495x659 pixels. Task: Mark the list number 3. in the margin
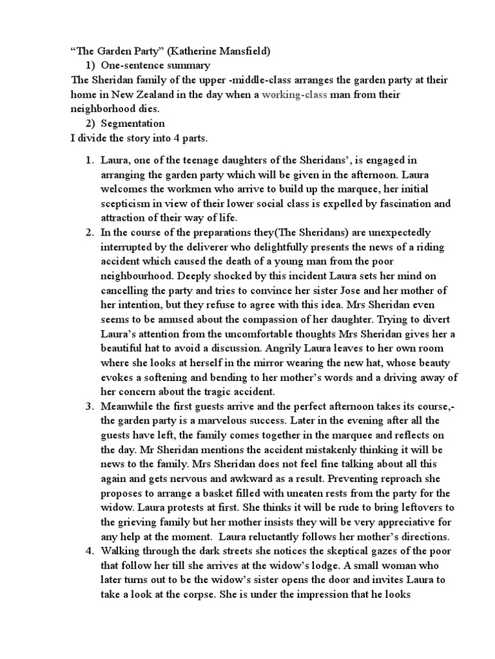(x=90, y=406)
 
